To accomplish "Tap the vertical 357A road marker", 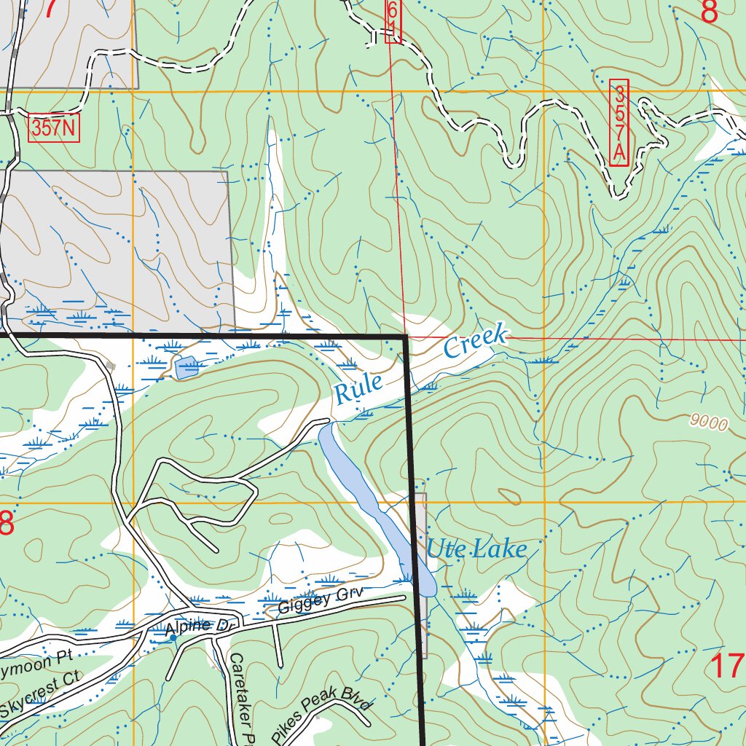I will pos(619,122).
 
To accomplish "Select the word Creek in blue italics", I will pos(474,344).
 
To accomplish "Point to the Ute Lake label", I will pos(476,548).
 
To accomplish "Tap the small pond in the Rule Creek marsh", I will pos(187,368).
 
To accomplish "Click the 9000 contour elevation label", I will pos(707,423).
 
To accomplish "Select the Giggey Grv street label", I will pos(320,600).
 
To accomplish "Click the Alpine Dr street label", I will pos(188,626).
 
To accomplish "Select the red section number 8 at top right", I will pos(709,12).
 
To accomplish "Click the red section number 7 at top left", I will pos(51,9).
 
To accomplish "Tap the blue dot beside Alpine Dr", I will pos(173,637).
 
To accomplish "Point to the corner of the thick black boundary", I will pos(406,337).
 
